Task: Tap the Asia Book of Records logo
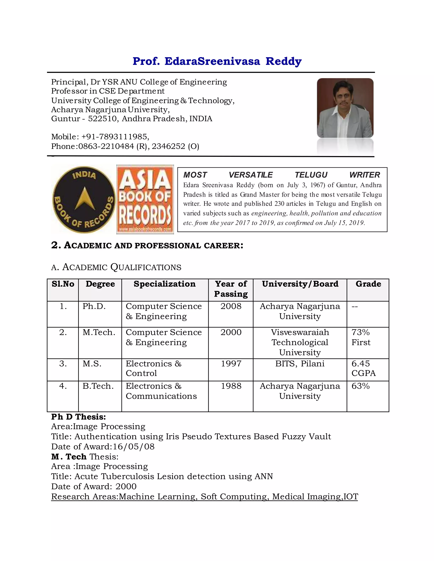pyautogui.click(x=145, y=199)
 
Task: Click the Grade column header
pyautogui.click(x=368, y=284)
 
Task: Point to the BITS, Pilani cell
pyautogui.click(x=300, y=363)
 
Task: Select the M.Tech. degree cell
pyautogui.click(x=99, y=332)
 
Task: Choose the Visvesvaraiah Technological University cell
pyautogui.click(x=300, y=342)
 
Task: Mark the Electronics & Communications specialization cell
pyautogui.click(x=161, y=391)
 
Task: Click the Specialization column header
pyautogui.click(x=164, y=284)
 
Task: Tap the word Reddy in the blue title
pyautogui.click(x=283, y=61)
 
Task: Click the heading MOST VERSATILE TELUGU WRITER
pyautogui.click(x=282, y=175)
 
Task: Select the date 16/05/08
pyautogui.click(x=134, y=447)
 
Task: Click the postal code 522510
pyautogui.click(x=102, y=119)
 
